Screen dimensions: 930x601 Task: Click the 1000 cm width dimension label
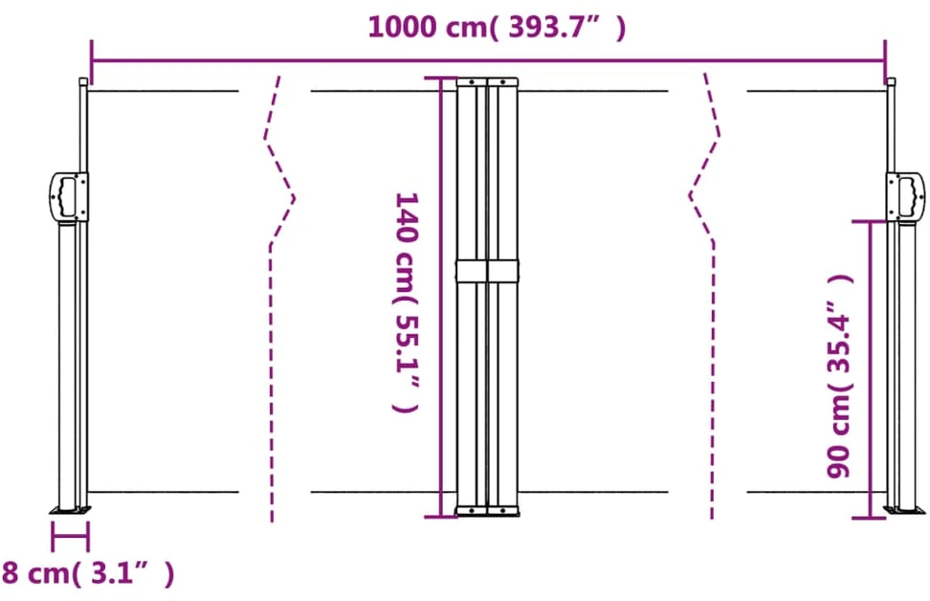click(497, 27)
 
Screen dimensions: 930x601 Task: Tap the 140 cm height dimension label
click(407, 302)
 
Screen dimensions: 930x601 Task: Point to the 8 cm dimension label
click(88, 573)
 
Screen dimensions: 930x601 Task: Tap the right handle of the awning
click(906, 196)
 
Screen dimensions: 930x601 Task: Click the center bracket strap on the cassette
click(487, 271)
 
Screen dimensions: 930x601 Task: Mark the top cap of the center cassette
click(487, 81)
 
